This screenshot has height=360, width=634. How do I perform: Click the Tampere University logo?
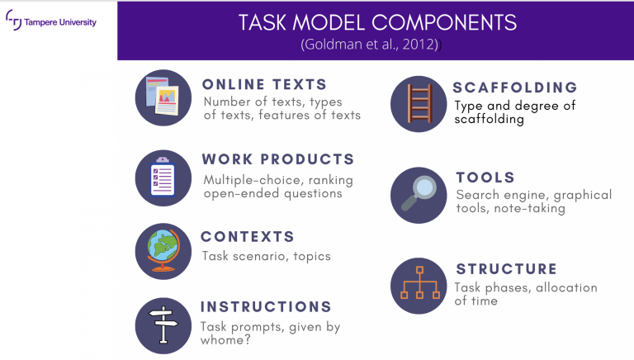coord(51,20)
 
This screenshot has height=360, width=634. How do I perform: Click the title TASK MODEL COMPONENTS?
coord(377,22)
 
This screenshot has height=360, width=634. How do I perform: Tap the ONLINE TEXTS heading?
coord(264,84)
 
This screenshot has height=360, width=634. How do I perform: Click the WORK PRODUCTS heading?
coord(278,159)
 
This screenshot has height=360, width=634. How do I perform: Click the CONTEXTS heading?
coord(248,237)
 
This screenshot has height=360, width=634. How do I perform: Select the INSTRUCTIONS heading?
coord(266,306)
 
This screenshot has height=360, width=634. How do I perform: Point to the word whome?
coord(225,340)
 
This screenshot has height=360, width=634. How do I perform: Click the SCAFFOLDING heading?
coord(515,88)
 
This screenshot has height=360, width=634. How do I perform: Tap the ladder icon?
coord(419,104)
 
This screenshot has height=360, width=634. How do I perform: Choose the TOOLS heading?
coord(485,178)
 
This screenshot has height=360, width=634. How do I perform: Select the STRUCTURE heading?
coord(507,269)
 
